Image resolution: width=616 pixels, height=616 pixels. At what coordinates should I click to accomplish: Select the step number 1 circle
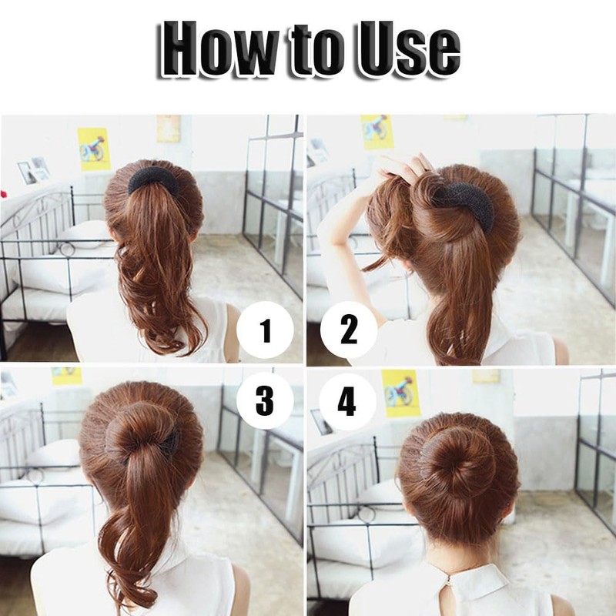[266, 332]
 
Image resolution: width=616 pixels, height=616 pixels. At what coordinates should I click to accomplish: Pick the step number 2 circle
[348, 332]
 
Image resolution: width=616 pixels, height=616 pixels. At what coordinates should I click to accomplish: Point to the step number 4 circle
[348, 400]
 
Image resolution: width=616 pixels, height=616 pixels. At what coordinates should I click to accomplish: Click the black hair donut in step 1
[152, 181]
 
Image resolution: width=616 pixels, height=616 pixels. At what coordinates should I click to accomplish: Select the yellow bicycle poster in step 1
[94, 149]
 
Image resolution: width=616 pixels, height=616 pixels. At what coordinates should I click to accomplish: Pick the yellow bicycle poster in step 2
[377, 132]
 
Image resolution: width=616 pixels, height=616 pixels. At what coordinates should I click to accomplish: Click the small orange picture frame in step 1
[169, 129]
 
